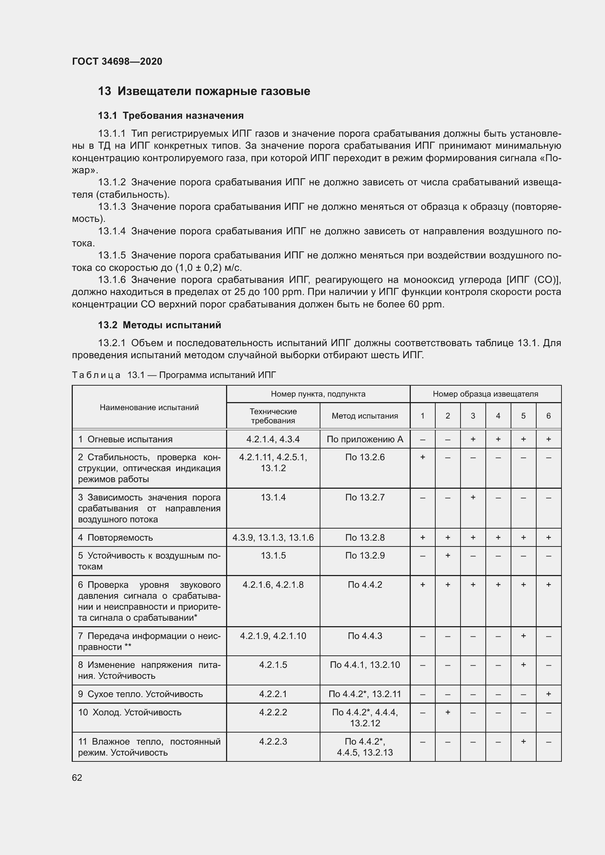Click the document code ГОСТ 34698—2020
(x=117, y=61)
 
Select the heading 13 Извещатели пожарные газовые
(x=204, y=91)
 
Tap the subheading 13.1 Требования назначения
(x=170, y=116)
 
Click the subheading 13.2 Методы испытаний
(x=159, y=325)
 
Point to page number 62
(x=77, y=778)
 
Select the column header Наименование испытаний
(x=149, y=407)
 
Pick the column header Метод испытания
(x=365, y=416)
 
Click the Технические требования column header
(x=273, y=416)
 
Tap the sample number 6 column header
(x=548, y=416)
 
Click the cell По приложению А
(x=365, y=439)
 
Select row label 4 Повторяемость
(x=116, y=538)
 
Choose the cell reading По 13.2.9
(x=365, y=556)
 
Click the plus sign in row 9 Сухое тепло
(x=548, y=694)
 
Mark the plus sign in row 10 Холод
(x=448, y=712)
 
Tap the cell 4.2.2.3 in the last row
(x=273, y=741)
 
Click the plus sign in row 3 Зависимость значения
(x=473, y=498)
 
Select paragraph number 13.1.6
(x=112, y=280)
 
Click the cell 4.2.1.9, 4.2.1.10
(x=273, y=636)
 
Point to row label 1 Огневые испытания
(x=125, y=439)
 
